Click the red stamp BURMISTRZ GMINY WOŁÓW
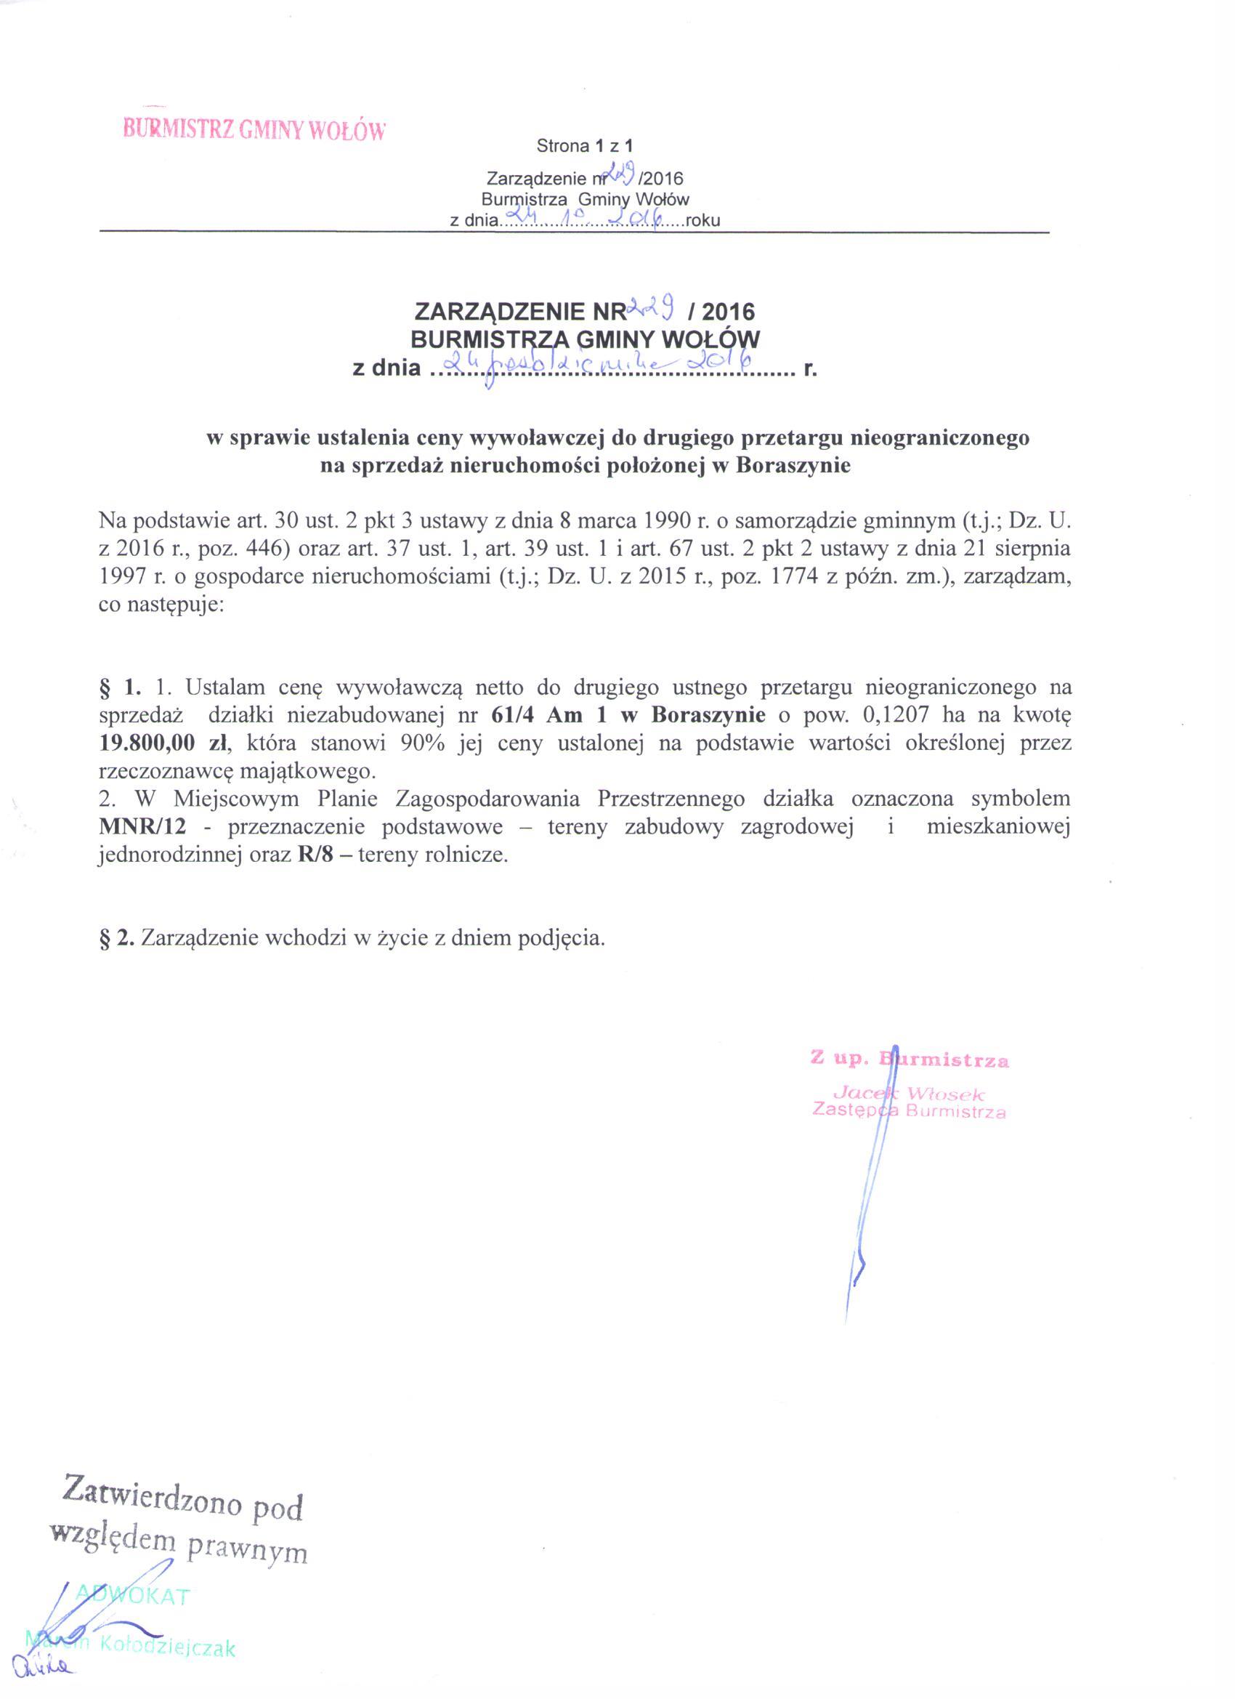(x=255, y=130)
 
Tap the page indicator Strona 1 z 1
(x=585, y=147)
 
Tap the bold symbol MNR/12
(x=141, y=827)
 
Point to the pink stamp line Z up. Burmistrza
(x=910, y=1060)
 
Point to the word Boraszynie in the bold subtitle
(x=793, y=465)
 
